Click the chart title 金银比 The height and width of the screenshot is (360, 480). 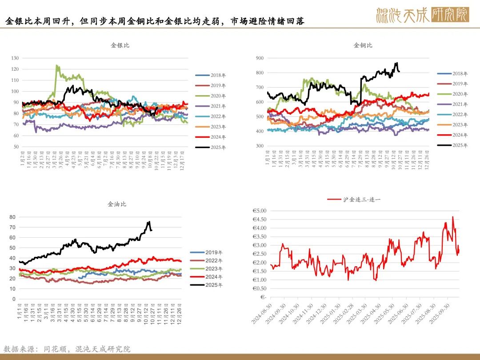pyautogui.click(x=120, y=45)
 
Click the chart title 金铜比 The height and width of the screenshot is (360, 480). pyautogui.click(x=363, y=45)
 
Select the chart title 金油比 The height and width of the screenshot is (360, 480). pyautogui.click(x=117, y=204)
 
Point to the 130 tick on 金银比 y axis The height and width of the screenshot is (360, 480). pyautogui.click(x=15, y=58)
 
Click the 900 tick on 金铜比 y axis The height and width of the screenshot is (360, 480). pyautogui.click(x=260, y=58)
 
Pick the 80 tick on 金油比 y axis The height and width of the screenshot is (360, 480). pyautogui.click(x=12, y=217)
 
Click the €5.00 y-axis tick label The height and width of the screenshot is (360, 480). pyautogui.click(x=259, y=211)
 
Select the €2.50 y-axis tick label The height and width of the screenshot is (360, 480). pyautogui.click(x=259, y=254)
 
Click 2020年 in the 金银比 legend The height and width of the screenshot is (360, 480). pyautogui.click(x=218, y=96)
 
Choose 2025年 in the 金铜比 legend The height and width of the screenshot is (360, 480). pyautogui.click(x=460, y=145)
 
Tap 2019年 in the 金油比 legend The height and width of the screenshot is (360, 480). pyautogui.click(x=214, y=252)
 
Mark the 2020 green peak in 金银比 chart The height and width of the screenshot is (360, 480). pyautogui.click(x=56, y=66)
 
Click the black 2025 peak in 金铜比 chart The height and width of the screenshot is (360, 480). pyautogui.click(x=396, y=63)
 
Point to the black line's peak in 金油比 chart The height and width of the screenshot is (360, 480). pyautogui.click(x=149, y=221)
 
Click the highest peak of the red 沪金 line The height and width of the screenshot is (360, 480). pyautogui.click(x=452, y=217)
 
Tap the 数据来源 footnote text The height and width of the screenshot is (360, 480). pyautogui.click(x=67, y=349)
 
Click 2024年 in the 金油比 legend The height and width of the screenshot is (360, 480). pyautogui.click(x=214, y=277)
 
